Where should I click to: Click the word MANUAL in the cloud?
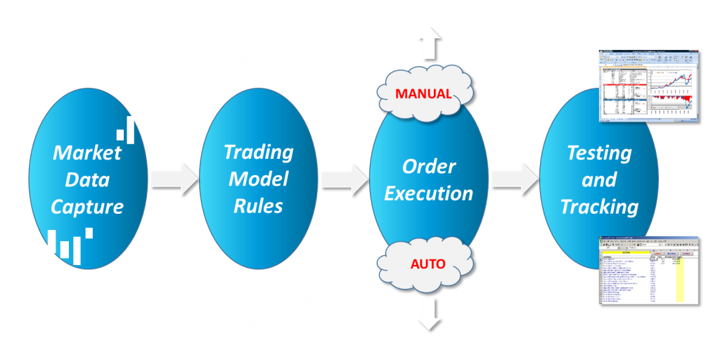click(x=423, y=94)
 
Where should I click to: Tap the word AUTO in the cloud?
click(x=427, y=264)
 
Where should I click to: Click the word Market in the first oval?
click(x=87, y=153)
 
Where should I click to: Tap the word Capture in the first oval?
click(x=87, y=207)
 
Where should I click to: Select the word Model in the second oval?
click(x=258, y=179)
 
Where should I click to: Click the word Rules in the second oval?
click(x=258, y=206)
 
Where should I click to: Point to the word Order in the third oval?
click(x=429, y=167)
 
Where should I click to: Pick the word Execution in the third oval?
click(x=429, y=193)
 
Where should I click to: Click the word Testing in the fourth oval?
click(x=599, y=153)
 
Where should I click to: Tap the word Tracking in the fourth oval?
click(x=599, y=207)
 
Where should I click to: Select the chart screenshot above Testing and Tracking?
click(x=648, y=86)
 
